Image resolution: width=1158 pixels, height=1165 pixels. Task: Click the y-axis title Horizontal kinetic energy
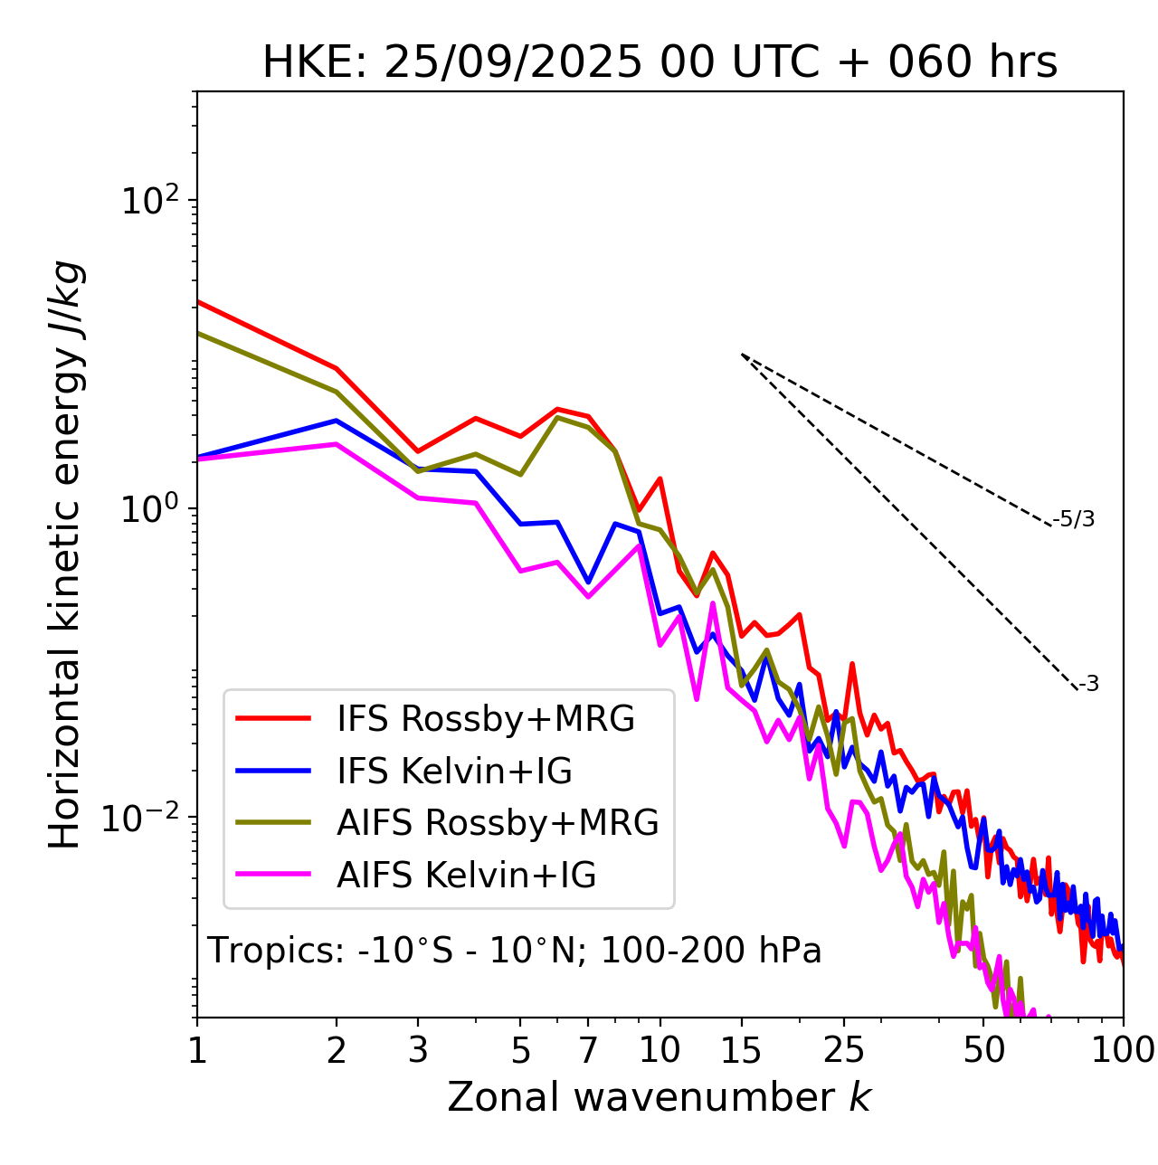coord(65,554)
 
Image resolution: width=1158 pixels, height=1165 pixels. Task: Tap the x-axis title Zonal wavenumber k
coord(660,1097)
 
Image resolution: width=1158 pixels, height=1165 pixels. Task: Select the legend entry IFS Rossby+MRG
coord(485,718)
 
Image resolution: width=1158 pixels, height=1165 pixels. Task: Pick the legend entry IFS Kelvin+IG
coord(454,771)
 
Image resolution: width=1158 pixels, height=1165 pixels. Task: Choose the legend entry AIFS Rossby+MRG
coord(498,822)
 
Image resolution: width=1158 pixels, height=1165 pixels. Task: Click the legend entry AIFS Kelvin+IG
coord(466,875)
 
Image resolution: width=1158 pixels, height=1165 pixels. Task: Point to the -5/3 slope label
coord(1074,519)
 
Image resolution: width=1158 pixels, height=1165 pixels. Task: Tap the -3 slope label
coord(1088,684)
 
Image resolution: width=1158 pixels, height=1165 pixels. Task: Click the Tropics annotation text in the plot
coord(514,951)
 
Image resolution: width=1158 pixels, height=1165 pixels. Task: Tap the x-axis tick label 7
coord(588,1050)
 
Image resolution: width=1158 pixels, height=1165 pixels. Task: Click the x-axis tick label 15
coord(742,1050)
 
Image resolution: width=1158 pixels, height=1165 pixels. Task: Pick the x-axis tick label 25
coord(844,1050)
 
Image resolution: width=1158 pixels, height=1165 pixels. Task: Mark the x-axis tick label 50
coord(983,1050)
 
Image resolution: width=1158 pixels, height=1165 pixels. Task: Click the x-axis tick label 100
coord(1123,1050)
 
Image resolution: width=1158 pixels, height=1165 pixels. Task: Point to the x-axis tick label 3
coord(418,1050)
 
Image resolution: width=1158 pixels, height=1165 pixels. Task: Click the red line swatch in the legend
coord(273,718)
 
